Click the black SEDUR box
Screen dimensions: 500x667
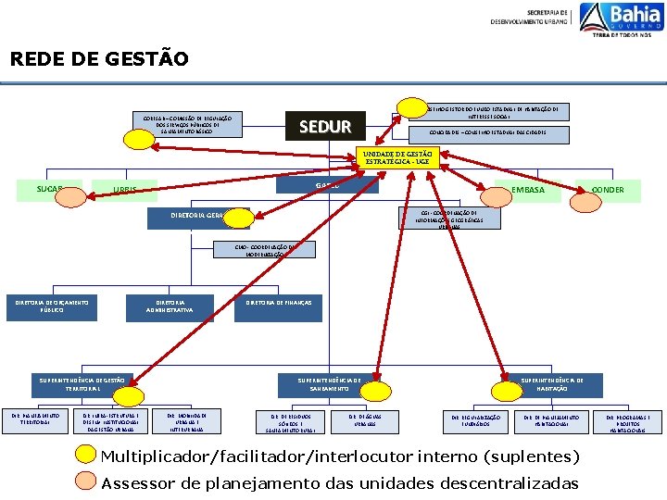coord(325,126)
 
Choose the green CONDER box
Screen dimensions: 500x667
coord(607,190)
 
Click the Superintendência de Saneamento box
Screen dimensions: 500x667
coord(329,385)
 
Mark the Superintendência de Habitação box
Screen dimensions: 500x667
coord(552,385)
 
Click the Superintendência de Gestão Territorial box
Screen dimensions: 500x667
coord(82,385)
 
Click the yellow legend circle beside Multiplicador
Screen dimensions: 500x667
coord(85,456)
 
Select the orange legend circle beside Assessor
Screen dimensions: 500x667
coord(85,481)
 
